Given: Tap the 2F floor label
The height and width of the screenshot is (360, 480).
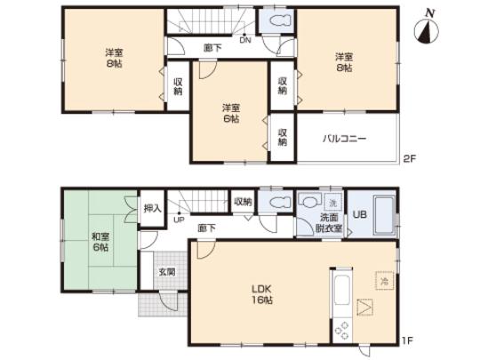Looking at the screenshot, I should point(409,158).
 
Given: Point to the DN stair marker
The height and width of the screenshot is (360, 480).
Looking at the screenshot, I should point(244,38).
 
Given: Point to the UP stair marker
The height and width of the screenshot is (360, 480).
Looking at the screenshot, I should point(180,219).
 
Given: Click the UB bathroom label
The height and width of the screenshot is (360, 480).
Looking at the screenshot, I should point(361,213).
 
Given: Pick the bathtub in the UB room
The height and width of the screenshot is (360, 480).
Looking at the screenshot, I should point(385,214).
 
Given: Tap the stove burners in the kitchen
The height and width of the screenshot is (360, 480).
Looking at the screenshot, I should point(341,330).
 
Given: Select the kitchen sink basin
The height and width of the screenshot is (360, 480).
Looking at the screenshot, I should point(342,289).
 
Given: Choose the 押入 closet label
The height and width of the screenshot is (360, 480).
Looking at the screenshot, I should point(152,208).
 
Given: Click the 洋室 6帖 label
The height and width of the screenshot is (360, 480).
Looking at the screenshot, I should point(229,113).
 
